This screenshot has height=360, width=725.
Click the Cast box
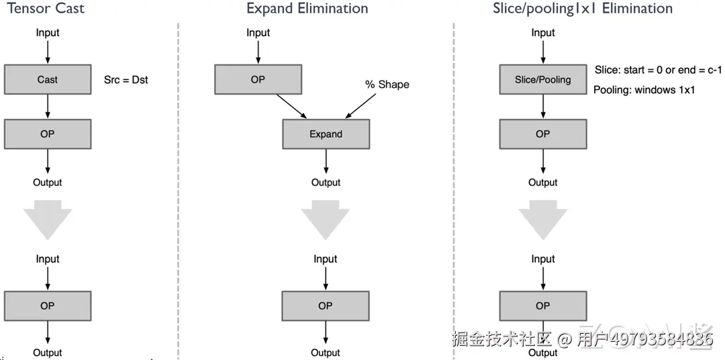(x=48, y=79)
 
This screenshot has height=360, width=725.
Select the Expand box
(x=326, y=134)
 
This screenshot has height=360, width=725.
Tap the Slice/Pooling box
(x=543, y=79)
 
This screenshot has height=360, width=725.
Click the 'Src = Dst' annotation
(x=126, y=79)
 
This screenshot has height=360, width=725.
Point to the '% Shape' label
(x=387, y=84)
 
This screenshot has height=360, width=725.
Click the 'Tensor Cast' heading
(x=46, y=8)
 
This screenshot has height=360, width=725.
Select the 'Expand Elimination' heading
(x=307, y=8)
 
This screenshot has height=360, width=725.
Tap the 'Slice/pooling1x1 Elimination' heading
(x=583, y=8)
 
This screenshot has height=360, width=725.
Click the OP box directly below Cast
(x=48, y=134)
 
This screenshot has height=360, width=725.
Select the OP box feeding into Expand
(x=258, y=79)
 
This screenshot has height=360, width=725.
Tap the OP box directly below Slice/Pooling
(x=543, y=134)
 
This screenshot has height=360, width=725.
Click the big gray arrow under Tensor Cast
(x=48, y=220)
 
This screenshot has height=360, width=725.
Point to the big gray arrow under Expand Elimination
(x=326, y=220)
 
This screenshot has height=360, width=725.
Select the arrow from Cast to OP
(x=48, y=107)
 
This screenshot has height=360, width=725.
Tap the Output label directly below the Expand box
(x=326, y=182)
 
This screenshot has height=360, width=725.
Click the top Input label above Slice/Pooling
(x=543, y=33)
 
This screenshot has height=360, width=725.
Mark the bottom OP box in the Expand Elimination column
(x=326, y=306)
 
